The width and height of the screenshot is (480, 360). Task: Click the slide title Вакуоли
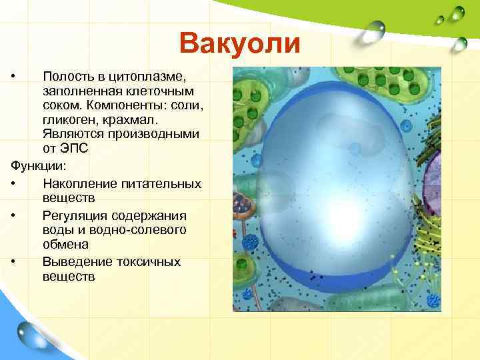(240, 43)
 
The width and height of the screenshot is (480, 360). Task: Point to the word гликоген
(70, 119)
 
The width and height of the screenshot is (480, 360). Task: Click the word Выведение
(74, 261)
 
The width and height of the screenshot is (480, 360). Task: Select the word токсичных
(144, 261)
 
